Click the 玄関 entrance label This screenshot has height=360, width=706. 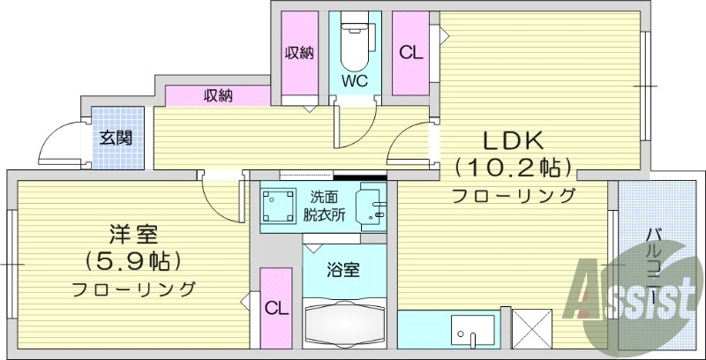[116, 139]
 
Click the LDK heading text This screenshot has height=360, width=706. [514, 140]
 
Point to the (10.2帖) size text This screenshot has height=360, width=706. [514, 167]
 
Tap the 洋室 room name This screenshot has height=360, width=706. [132, 234]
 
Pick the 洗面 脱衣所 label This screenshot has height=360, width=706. [327, 206]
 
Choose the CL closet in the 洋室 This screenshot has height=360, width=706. [276, 309]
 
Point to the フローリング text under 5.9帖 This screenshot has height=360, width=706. [132, 289]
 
